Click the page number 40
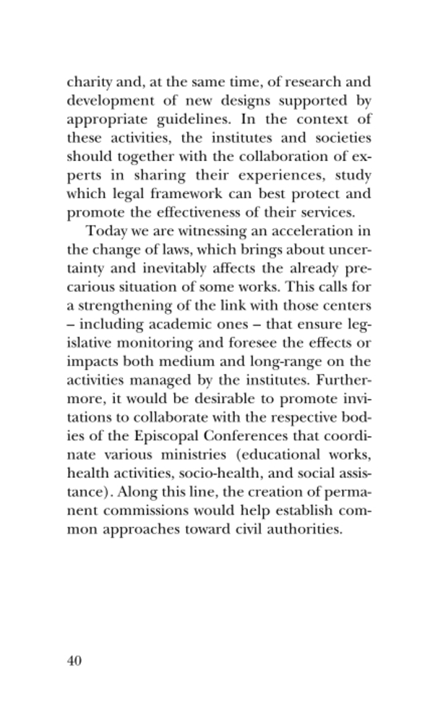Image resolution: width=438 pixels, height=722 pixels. [x=74, y=661]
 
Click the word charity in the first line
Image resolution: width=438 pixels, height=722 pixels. [x=89, y=82]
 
